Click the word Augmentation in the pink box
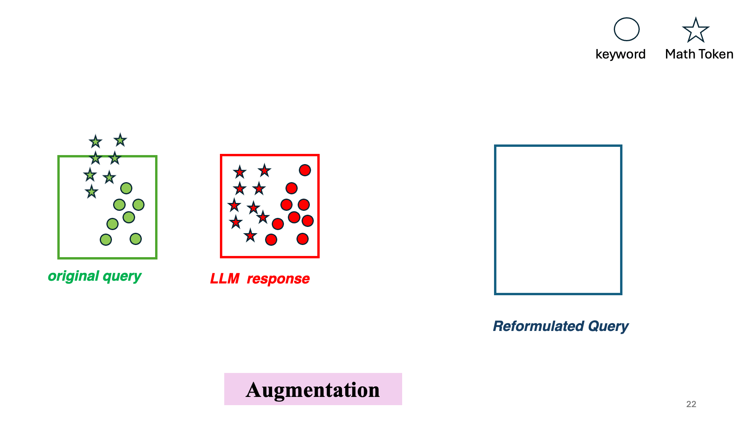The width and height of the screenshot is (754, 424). (x=313, y=390)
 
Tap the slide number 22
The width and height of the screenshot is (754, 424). (x=691, y=404)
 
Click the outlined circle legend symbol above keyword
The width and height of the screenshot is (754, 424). (x=626, y=29)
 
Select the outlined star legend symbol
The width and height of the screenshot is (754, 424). (x=695, y=30)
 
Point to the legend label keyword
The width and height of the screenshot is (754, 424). (x=620, y=54)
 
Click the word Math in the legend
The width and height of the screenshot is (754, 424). (x=680, y=54)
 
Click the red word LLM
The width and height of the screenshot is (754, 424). (x=225, y=279)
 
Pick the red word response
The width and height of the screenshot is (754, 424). (x=278, y=279)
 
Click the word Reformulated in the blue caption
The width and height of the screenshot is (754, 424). (x=538, y=326)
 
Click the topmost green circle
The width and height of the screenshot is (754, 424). (x=126, y=188)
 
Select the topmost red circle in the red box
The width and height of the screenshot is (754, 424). (x=305, y=170)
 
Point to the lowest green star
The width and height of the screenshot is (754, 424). (x=92, y=192)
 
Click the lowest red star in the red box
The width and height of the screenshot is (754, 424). (x=250, y=236)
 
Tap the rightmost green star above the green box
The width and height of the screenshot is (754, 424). (x=120, y=140)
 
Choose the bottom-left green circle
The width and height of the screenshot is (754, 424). (x=106, y=239)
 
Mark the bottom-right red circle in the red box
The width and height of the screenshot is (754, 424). (x=302, y=239)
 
